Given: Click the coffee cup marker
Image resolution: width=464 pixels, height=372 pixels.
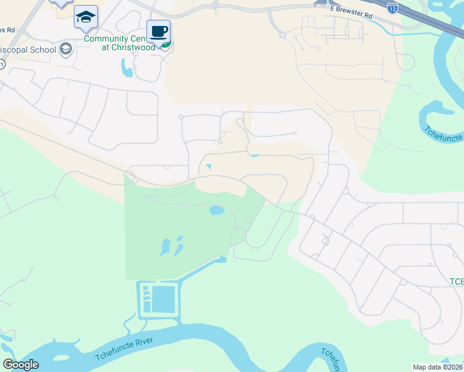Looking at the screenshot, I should [158, 31].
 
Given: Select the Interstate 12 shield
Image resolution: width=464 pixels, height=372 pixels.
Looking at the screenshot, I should [392, 8].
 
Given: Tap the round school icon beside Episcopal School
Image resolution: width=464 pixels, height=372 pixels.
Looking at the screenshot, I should [66, 49].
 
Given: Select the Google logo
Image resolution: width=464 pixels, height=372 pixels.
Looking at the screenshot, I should [20, 365].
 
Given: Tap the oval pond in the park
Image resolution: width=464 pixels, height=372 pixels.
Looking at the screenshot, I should [216, 210].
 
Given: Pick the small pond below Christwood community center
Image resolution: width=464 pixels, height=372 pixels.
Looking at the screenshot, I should [127, 69].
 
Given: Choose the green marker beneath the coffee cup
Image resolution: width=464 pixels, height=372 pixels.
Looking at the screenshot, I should [166, 43].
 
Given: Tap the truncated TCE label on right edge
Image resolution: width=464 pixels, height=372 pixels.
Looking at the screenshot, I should [456, 282].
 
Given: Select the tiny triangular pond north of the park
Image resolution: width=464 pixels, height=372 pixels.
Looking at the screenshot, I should [208, 166].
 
